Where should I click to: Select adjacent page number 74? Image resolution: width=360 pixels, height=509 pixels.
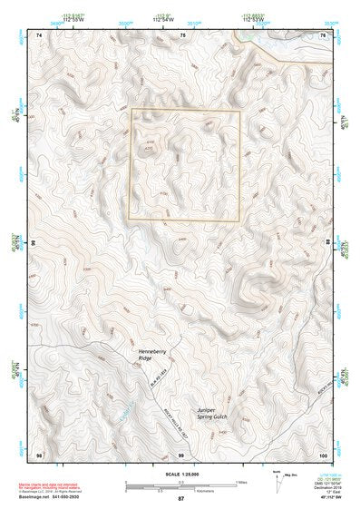[x=38, y=34]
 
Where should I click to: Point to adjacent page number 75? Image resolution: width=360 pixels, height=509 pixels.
[x=182, y=34]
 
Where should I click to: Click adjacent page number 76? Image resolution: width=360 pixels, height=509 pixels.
[x=323, y=34]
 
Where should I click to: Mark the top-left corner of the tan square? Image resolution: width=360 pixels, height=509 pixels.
[x=131, y=110]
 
